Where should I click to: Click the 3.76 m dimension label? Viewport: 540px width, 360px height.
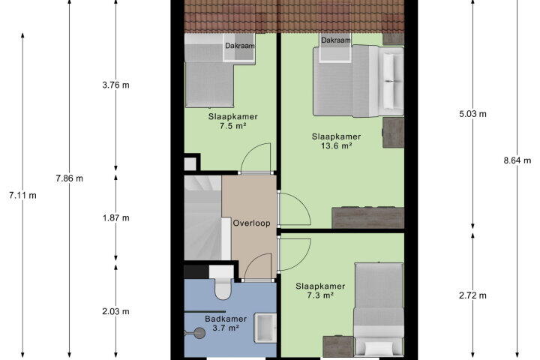point(115,85)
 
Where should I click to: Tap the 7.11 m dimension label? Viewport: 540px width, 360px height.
point(22,195)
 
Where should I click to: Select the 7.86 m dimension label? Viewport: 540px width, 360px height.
point(69,178)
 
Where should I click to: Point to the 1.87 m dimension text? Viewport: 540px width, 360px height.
point(115,217)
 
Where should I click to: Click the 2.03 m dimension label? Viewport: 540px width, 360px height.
point(115,311)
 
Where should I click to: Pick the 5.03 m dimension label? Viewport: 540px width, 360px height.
point(472,114)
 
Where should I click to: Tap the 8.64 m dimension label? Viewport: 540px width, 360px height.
point(517,160)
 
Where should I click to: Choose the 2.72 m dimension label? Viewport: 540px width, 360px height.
point(472,295)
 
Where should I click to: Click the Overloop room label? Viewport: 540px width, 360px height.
point(251,223)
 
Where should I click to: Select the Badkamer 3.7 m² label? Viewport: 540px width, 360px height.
point(226,323)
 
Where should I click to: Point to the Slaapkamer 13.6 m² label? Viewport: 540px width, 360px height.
point(337,141)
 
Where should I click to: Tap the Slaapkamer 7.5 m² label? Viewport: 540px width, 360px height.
point(232,121)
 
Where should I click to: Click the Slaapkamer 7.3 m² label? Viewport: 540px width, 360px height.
point(320,291)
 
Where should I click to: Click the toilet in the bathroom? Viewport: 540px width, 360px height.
point(223,283)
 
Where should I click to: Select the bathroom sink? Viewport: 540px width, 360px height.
point(265,328)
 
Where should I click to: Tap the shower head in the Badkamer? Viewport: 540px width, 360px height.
point(199,333)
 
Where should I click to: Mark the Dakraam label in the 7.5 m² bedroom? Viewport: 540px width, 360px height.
point(240,46)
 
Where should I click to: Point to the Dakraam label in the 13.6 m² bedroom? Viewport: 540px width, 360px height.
point(336,40)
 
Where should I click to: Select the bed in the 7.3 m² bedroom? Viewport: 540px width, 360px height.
point(379,309)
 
